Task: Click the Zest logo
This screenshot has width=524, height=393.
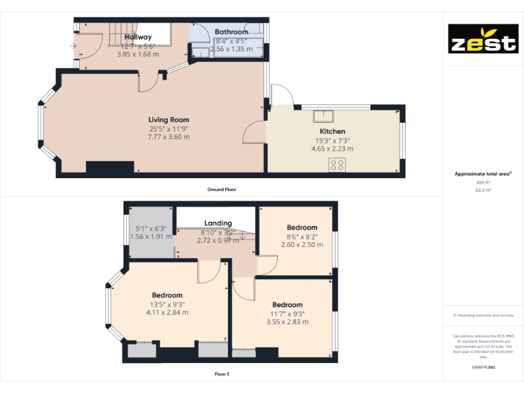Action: (x=482, y=39)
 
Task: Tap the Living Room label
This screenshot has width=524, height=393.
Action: (x=169, y=120)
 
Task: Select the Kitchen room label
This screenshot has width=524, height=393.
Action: (x=332, y=131)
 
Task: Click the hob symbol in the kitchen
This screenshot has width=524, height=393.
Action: (x=337, y=164)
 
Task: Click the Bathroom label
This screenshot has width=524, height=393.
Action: (x=231, y=32)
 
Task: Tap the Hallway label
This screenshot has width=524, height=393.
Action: (x=138, y=37)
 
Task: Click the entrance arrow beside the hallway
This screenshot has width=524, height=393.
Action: (x=72, y=46)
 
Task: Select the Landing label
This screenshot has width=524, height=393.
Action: (x=218, y=223)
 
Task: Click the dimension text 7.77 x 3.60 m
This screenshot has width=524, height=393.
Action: (x=169, y=137)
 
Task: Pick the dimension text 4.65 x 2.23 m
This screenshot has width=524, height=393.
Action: (x=332, y=148)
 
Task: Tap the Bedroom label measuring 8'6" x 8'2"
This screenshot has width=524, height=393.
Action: (x=302, y=227)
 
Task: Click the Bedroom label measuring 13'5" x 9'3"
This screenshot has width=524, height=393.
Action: (x=166, y=295)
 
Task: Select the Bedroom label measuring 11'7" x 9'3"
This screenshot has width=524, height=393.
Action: (x=287, y=304)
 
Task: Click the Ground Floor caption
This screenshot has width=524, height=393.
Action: (x=222, y=189)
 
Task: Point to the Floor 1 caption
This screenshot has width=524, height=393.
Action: (x=222, y=374)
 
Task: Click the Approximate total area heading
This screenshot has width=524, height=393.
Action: (x=482, y=174)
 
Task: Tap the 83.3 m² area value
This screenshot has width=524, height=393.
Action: (x=483, y=190)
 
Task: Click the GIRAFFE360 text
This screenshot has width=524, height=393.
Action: (x=483, y=368)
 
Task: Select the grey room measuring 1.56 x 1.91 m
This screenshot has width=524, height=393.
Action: (x=149, y=233)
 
